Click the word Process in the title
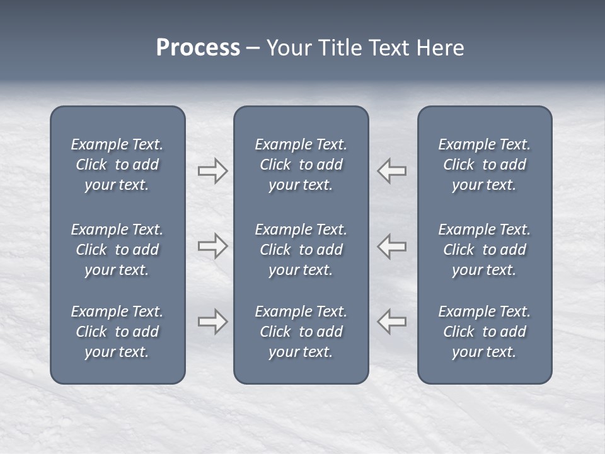tap(198, 48)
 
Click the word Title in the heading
tap(341, 48)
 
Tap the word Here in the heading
tap(441, 48)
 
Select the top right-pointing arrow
tap(212, 171)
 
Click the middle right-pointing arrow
tap(212, 246)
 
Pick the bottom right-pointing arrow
tap(212, 322)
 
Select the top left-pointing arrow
tap(392, 171)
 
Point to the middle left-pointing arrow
tap(392, 246)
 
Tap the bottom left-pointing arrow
tap(392, 322)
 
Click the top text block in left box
tap(117, 165)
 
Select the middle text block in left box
tap(117, 250)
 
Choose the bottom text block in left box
tap(117, 332)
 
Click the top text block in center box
tap(301, 165)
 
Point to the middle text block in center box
tap(301, 250)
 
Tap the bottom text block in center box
tap(301, 332)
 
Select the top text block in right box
tap(484, 165)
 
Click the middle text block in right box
tap(484, 250)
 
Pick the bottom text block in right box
tap(484, 332)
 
